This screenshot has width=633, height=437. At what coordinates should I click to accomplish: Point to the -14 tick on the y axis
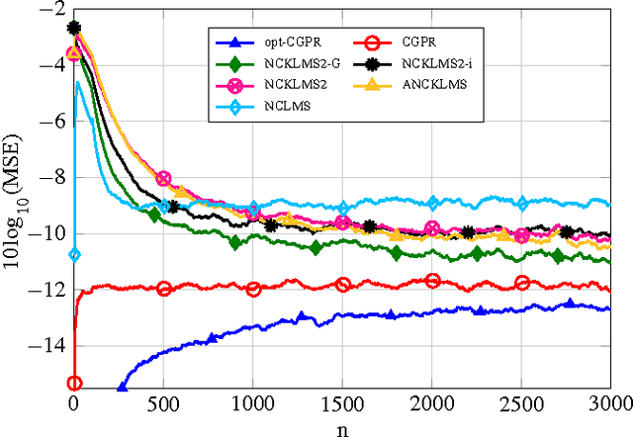pyautogui.click(x=50, y=346)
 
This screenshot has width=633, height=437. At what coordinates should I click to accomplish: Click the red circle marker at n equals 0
pyautogui.click(x=74, y=383)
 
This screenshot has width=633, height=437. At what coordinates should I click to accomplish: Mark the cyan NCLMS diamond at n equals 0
pyautogui.click(x=74, y=255)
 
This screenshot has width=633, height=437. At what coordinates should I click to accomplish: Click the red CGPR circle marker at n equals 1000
pyautogui.click(x=253, y=289)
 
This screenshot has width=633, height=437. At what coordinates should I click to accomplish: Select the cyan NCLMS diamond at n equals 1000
pyautogui.click(x=253, y=209)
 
